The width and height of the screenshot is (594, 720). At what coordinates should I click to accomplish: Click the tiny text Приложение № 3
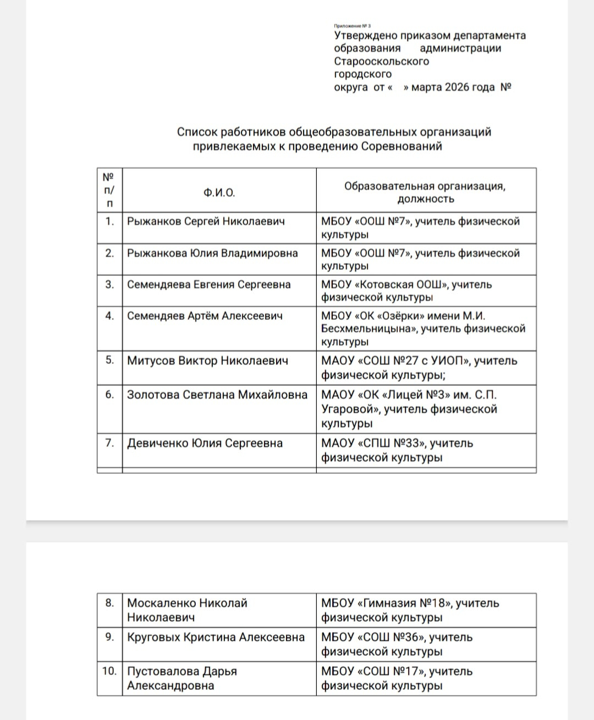pos(352,26)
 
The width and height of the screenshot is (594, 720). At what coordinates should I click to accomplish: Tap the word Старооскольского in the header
pos(381,61)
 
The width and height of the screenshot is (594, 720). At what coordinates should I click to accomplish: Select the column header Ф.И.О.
pos(219,192)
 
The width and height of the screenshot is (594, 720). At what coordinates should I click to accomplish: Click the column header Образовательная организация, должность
pos(425,192)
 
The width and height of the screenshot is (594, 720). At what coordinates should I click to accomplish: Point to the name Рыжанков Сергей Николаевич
pos(206,221)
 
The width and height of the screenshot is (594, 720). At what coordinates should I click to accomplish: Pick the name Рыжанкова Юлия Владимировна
pos(212,253)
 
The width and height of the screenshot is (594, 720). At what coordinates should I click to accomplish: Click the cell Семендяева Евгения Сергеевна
pos(208,285)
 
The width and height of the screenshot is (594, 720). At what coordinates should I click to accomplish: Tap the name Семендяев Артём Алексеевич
pos(205,316)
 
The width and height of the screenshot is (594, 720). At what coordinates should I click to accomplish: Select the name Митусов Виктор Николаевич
pos(207,361)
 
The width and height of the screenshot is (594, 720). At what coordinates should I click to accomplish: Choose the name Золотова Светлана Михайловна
pos(217,395)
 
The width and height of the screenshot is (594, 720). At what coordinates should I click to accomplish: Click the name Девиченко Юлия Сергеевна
pos(205,444)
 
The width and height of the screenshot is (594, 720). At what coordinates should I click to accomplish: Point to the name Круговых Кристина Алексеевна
pos(216,638)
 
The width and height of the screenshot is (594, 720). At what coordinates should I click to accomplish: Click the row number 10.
pos(109,671)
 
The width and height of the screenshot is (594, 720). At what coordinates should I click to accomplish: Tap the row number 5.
pos(109,361)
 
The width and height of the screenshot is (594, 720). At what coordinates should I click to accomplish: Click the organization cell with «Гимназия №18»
pos(410,610)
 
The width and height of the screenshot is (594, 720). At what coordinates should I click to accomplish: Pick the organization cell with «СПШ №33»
pos(397,450)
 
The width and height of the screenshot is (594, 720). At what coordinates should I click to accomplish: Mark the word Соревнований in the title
pos(402,147)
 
